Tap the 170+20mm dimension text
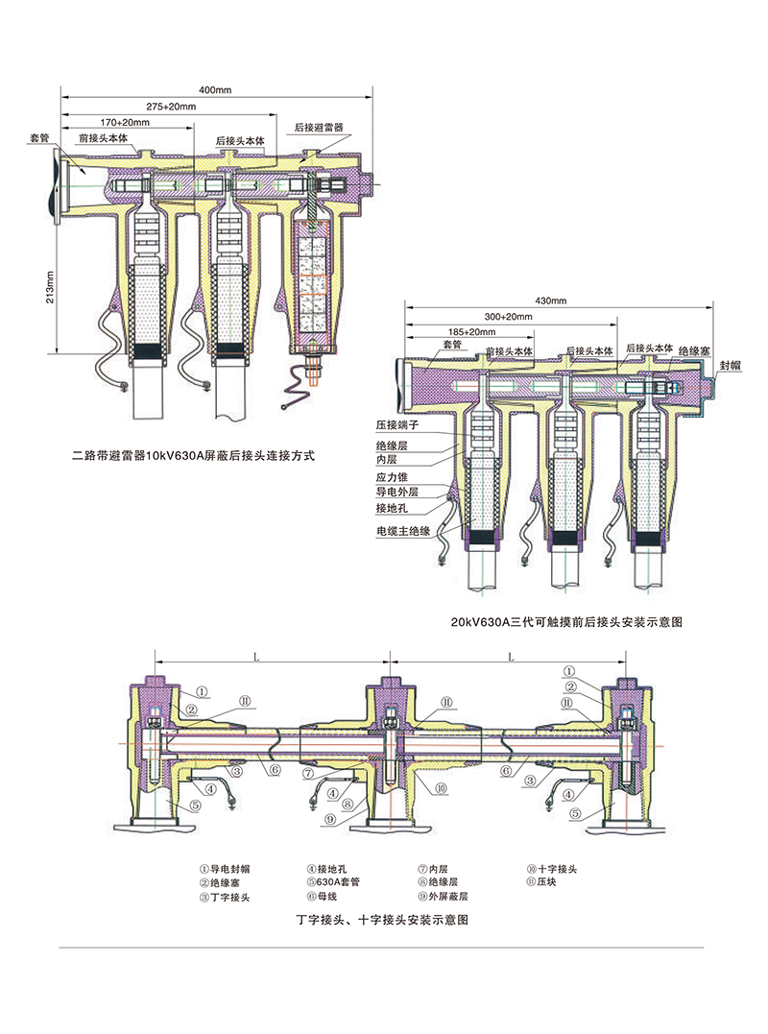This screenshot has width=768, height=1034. tap(126, 122)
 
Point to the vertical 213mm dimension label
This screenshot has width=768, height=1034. tap(51, 284)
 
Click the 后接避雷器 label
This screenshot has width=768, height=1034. tap(319, 127)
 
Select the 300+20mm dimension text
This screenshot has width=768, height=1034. tap(509, 316)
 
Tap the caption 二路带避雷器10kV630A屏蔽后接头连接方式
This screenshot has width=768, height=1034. tap(194, 456)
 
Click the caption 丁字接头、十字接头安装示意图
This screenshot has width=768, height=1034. tap(383, 920)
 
